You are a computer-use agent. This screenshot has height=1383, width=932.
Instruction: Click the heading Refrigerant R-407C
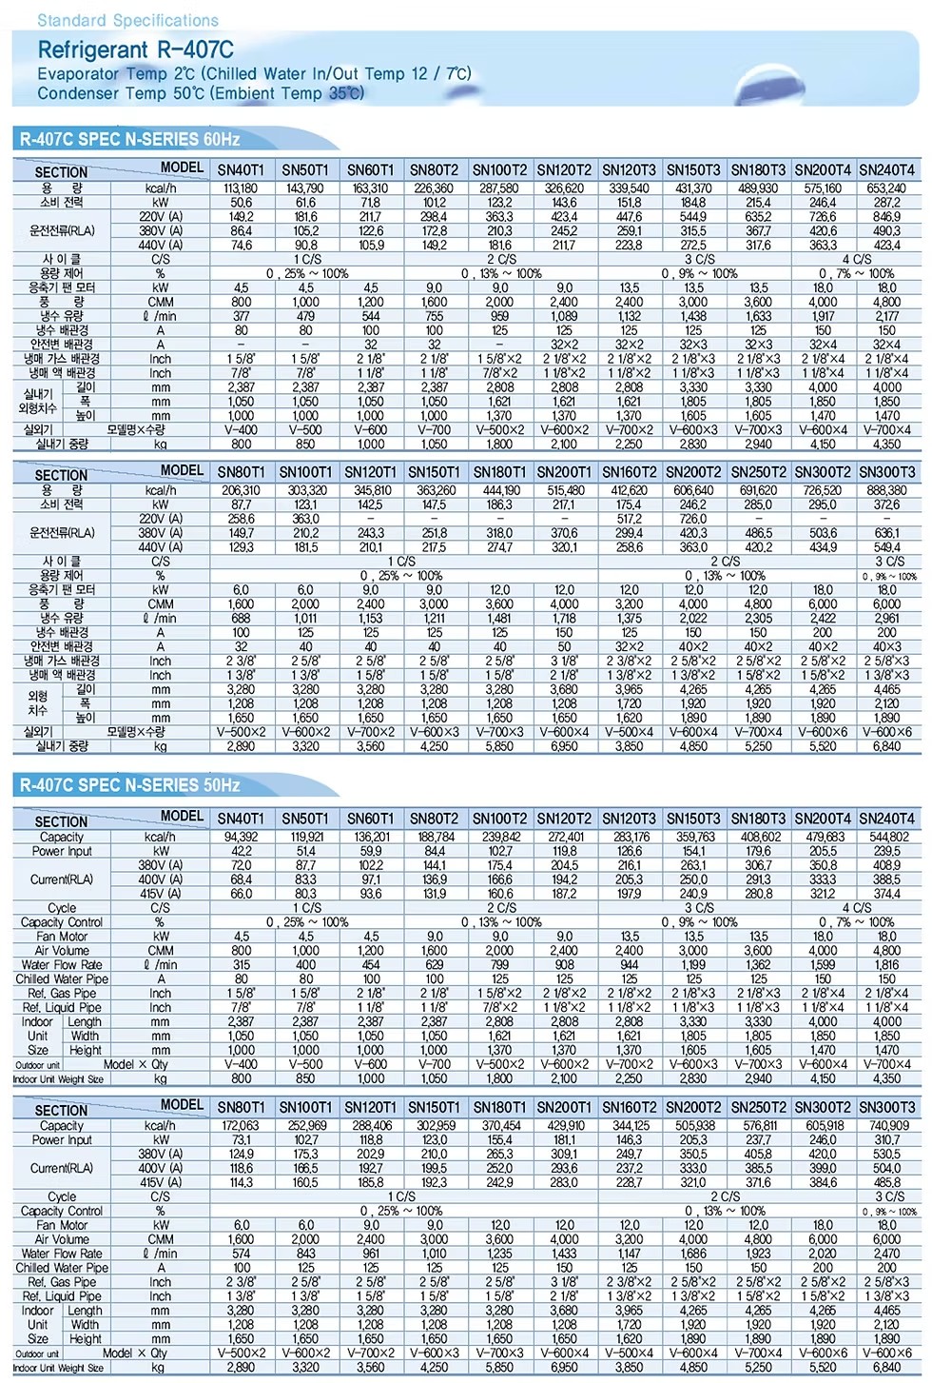coord(135,50)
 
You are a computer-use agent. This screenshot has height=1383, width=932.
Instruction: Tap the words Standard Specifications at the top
coord(127,20)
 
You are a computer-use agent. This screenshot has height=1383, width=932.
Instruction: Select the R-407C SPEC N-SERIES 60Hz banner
coord(129,139)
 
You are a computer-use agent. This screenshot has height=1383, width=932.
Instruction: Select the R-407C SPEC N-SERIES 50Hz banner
coord(129,785)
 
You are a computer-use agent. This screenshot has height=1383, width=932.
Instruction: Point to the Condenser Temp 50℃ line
coord(201,93)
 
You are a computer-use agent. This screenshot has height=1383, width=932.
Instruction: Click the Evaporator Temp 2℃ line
coord(254,73)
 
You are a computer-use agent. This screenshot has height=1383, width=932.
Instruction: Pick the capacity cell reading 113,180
coord(241,188)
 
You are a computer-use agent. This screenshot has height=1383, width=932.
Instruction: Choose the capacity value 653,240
coord(886,188)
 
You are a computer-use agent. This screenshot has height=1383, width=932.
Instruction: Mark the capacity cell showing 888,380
coord(886,490)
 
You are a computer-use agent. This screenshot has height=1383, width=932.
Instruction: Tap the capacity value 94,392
coord(241,837)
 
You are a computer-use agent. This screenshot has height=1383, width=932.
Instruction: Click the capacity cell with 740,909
coord(886,1125)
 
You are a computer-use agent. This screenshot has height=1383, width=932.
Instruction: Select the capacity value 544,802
coord(886,837)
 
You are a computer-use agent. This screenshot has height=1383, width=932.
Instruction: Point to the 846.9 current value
coord(886,217)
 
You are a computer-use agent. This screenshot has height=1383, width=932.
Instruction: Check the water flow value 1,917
coord(823,316)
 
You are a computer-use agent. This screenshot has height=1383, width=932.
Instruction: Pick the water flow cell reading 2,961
coord(886,618)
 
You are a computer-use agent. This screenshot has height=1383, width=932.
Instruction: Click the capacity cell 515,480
coord(565,490)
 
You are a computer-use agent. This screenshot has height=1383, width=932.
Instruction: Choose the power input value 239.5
coord(886,851)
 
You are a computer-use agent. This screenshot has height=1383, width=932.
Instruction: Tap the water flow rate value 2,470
coord(886,1254)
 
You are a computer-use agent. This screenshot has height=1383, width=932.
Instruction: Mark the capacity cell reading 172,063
coord(241,1125)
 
